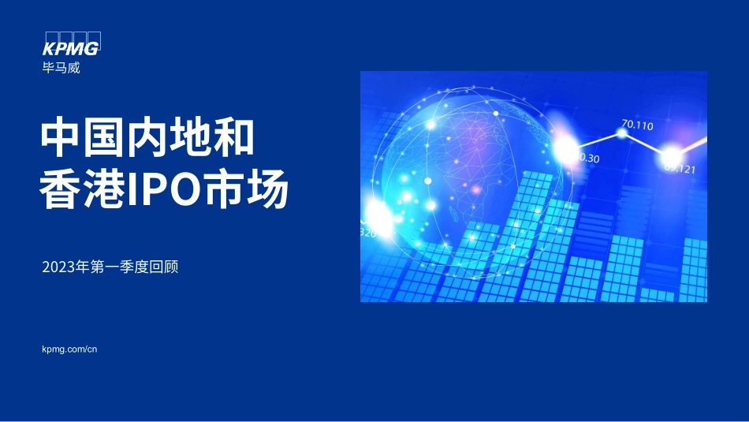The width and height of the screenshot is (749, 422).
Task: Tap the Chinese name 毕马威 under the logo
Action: [x=61, y=68]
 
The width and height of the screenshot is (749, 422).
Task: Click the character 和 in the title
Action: [x=233, y=138]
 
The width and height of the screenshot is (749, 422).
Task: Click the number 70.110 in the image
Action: [x=637, y=125]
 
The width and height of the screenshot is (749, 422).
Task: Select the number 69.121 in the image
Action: [x=679, y=168]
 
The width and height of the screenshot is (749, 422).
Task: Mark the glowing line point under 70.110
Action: [x=622, y=134]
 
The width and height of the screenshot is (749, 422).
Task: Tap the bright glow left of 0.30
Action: [x=565, y=149]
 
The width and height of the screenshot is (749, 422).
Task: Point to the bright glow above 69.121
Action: [x=671, y=154]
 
